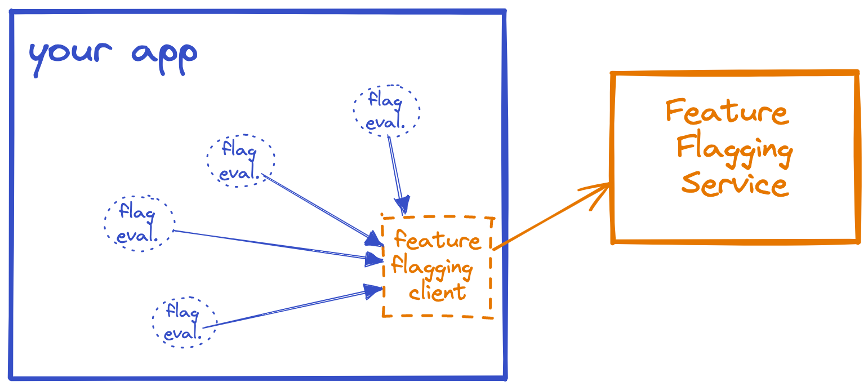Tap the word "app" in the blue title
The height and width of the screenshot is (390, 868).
tap(164, 55)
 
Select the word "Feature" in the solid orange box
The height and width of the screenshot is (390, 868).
tap(727, 110)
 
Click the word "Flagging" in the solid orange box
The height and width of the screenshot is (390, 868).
tap(735, 149)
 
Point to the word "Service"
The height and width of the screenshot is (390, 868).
tap(735, 184)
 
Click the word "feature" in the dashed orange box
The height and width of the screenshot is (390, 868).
tap(437, 240)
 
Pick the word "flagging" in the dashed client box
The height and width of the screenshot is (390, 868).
tap(432, 266)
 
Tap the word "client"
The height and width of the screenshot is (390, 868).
tap(438, 291)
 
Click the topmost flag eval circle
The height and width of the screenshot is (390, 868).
tap(386, 110)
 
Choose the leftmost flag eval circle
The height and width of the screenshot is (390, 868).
tap(139, 223)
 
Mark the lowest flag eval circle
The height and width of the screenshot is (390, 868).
tap(184, 322)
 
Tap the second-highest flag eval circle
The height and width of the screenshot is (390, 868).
tap(241, 159)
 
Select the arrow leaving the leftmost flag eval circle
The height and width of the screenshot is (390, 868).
tap(270, 244)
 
